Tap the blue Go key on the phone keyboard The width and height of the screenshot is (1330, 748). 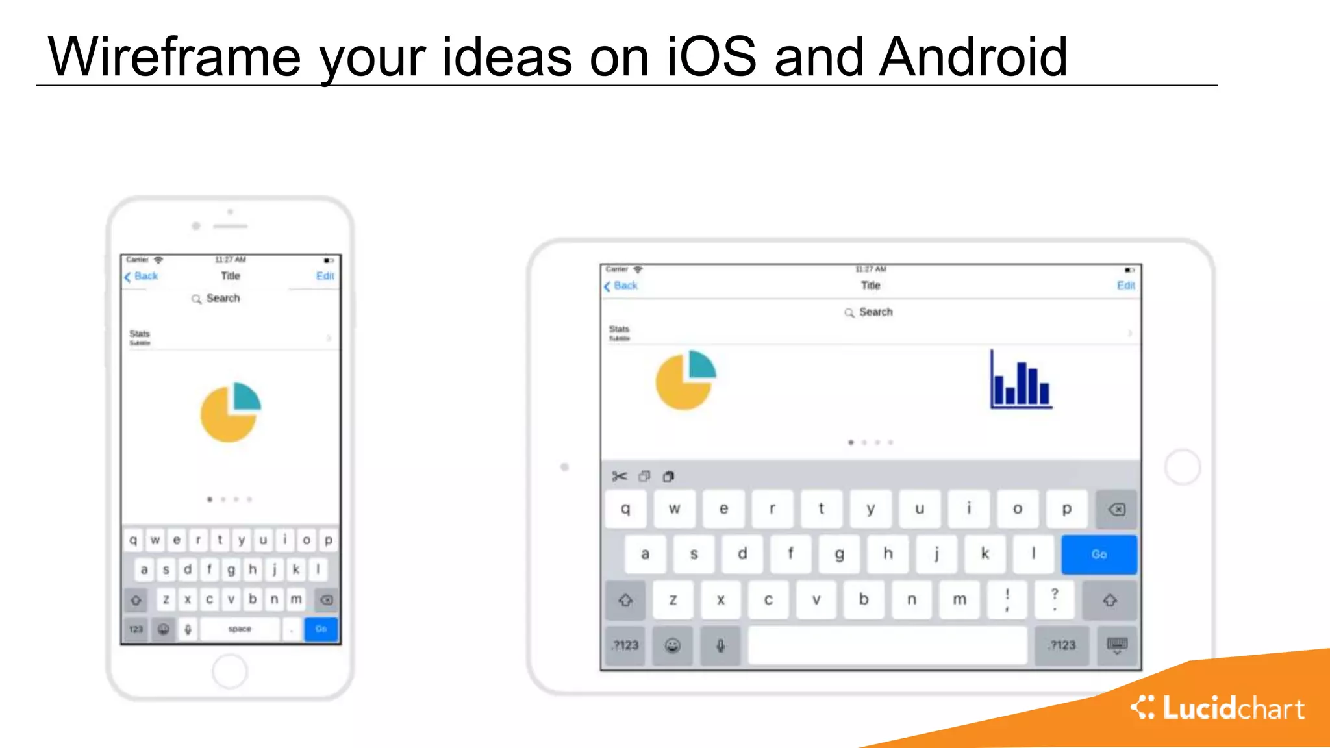pos(321,629)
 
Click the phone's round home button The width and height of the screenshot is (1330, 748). pos(229,671)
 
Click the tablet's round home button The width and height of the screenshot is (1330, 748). pos(1182,467)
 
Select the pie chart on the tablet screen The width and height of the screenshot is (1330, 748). pos(685,380)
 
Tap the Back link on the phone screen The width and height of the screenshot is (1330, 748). pos(142,276)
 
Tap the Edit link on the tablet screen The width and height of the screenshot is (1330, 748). pos(1125,286)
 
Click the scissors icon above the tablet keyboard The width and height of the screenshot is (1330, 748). pos(619,477)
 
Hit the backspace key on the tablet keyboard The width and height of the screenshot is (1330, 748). pos(1116,509)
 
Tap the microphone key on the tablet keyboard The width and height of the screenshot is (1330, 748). pos(720,645)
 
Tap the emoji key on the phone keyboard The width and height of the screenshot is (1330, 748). pos(164,629)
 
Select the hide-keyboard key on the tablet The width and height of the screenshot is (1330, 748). pos(1117,645)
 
